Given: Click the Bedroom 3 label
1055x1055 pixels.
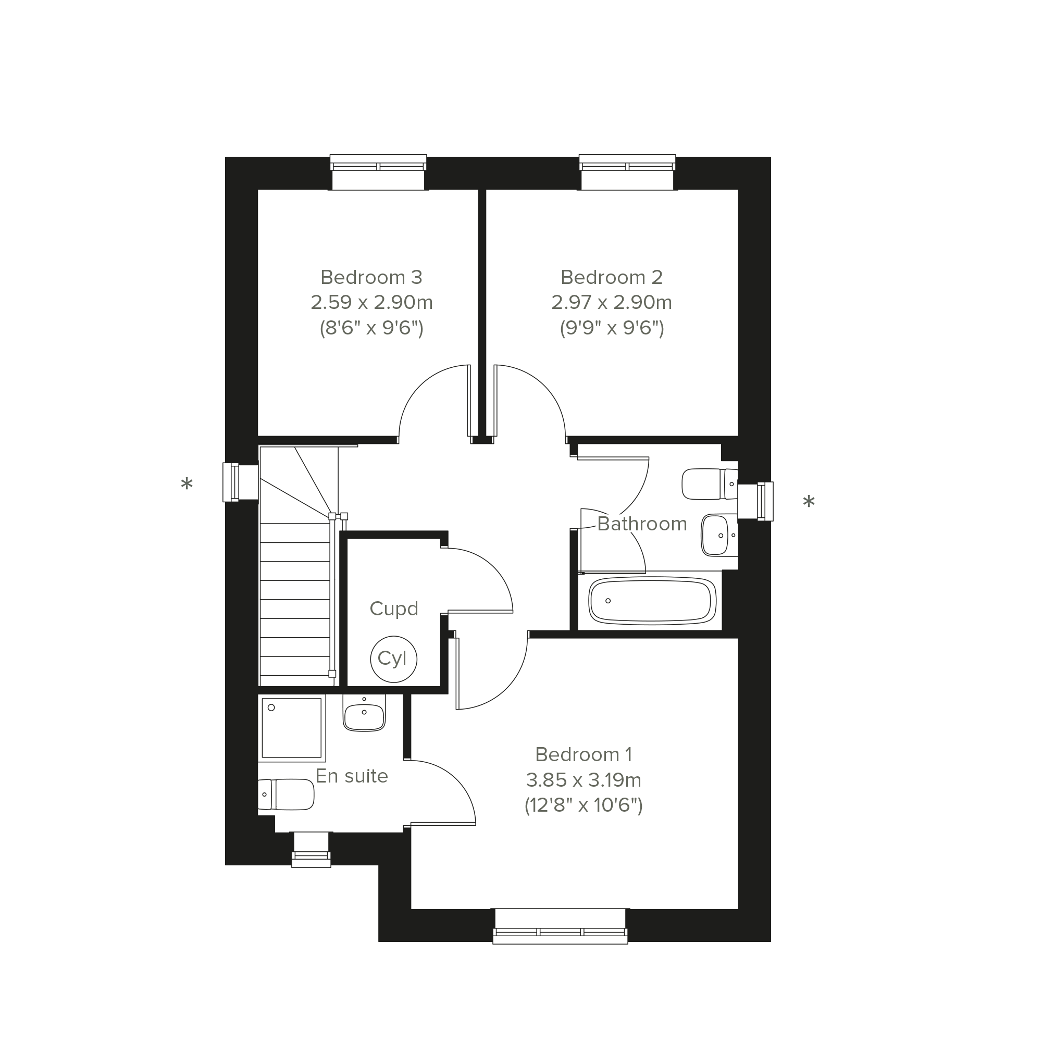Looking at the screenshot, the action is click(x=371, y=277).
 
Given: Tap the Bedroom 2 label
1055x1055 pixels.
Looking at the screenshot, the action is click(x=612, y=277).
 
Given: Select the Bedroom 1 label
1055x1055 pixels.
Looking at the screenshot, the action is click(x=583, y=755).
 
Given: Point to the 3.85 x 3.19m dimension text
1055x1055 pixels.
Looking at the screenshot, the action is click(x=583, y=780).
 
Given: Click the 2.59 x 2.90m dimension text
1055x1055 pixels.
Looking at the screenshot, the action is click(x=371, y=303).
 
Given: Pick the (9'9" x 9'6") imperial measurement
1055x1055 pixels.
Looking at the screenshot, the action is click(x=612, y=328).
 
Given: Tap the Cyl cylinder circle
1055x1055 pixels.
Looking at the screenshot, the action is click(x=393, y=659).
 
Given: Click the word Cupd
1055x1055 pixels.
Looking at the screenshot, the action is click(x=394, y=609).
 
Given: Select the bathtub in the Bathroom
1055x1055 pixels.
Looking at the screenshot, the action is click(x=653, y=601).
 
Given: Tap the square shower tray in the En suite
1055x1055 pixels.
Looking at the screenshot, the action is click(x=292, y=728).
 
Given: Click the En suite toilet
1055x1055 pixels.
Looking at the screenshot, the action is click(x=286, y=795).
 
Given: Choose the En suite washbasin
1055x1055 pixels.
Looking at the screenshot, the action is click(x=364, y=713).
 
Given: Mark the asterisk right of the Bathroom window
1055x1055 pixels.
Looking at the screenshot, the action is click(x=809, y=501).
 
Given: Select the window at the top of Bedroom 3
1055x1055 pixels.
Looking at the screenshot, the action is click(x=378, y=172).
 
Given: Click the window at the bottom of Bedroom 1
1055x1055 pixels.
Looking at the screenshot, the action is click(x=560, y=926).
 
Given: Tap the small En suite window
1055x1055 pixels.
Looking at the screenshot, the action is click(x=311, y=849).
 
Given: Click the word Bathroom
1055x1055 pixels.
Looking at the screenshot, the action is click(x=642, y=524).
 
